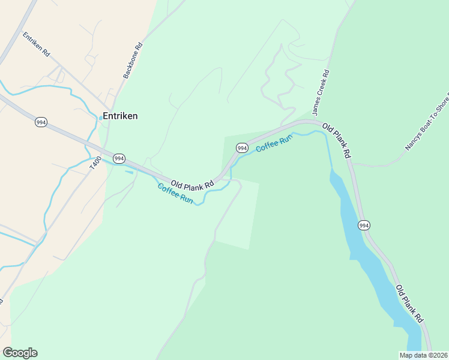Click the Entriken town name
120,116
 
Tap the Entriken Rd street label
36,44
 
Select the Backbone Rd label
133,61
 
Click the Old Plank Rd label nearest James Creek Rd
336,140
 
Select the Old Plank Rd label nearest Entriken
192,185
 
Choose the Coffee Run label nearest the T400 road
175,194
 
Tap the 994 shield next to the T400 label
119,158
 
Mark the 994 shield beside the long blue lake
364,225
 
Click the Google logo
20,353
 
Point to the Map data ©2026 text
423,355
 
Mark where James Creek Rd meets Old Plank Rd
313,121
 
